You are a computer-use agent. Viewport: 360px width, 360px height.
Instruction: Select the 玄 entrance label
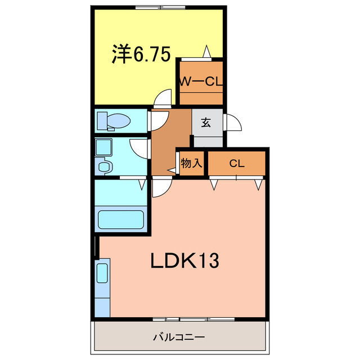pos(206,122)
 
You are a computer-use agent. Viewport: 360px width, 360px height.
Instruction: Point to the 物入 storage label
pos(191,163)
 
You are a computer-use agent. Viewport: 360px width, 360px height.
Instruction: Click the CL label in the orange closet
pos(236,164)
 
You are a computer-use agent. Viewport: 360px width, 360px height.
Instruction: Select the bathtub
pos(121,219)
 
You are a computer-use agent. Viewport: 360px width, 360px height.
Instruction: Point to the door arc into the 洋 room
pos(164,98)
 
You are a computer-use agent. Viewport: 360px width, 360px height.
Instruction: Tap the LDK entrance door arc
pos(159,187)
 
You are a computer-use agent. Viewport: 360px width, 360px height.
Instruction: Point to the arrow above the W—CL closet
pos(207,52)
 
